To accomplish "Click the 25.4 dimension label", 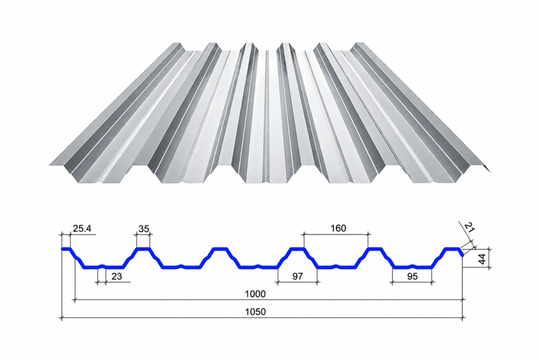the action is point(82,228).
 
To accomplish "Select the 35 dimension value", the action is point(143,228).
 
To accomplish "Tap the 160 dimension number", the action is point(338,228).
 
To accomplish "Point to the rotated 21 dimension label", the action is point(469,228).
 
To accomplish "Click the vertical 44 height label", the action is point(482,259).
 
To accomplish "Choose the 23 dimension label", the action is point(117,276).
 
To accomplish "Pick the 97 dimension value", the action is point(297,276).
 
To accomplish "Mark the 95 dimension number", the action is point(412,276).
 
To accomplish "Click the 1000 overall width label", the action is point(255,294).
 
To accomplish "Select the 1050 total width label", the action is point(255,312).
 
